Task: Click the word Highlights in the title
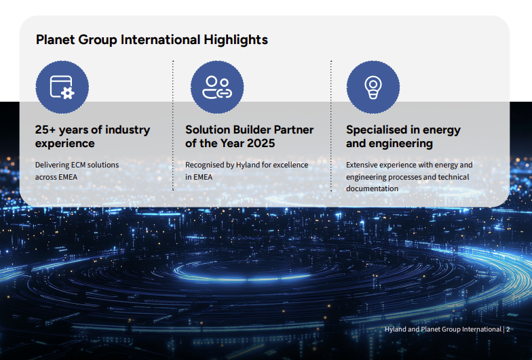[236, 40]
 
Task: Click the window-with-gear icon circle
[62, 87]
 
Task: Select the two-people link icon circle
[217, 87]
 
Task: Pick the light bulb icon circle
[373, 87]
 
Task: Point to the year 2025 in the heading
[261, 144]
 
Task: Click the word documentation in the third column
[372, 188]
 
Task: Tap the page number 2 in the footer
[508, 329]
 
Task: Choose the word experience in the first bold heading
[65, 144]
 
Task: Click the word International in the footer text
[482, 329]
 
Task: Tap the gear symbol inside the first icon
[68, 93]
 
